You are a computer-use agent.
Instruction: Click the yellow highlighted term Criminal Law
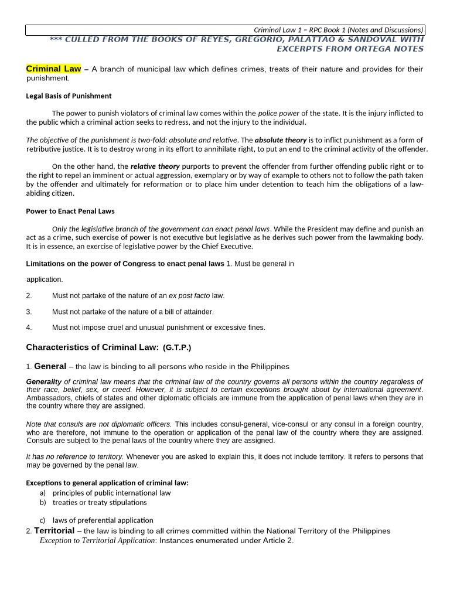point(53,69)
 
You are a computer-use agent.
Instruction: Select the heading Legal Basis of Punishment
point(69,96)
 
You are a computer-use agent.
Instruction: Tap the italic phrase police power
point(278,113)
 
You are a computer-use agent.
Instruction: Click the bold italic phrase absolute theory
point(280,140)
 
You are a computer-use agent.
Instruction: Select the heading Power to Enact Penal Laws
point(70,211)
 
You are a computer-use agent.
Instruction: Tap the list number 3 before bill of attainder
point(29,312)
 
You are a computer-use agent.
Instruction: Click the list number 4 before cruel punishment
point(29,328)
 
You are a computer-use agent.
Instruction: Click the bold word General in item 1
point(50,366)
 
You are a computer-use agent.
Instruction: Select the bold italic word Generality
point(44,381)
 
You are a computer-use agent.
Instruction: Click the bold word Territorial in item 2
point(54,530)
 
